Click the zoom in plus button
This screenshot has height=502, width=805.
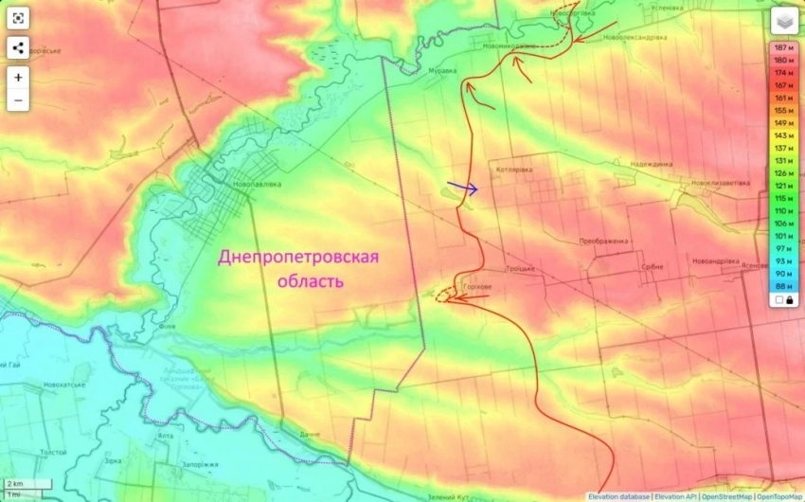pyautogui.click(x=19, y=78)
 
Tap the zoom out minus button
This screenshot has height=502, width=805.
pyautogui.click(x=19, y=99)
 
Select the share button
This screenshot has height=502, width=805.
pyautogui.click(x=19, y=48)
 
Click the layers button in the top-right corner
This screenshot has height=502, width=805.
pyautogui.click(x=784, y=21)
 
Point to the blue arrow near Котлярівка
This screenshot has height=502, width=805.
pyautogui.click(x=463, y=188)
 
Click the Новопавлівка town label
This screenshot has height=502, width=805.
pyautogui.click(x=257, y=184)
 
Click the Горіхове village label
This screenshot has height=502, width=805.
pyautogui.click(x=476, y=285)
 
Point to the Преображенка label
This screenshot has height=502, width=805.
pyautogui.click(x=604, y=242)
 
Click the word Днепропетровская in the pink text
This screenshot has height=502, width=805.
pyautogui.click(x=298, y=258)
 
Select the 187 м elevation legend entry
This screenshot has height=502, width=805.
pyautogui.click(x=783, y=47)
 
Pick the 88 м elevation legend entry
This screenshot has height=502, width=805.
pyautogui.click(x=783, y=285)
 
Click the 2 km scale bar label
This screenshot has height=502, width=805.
pyautogui.click(x=14, y=484)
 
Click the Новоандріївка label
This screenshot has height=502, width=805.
pyautogui.click(x=716, y=260)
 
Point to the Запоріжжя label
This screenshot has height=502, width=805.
pyautogui.click(x=201, y=465)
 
